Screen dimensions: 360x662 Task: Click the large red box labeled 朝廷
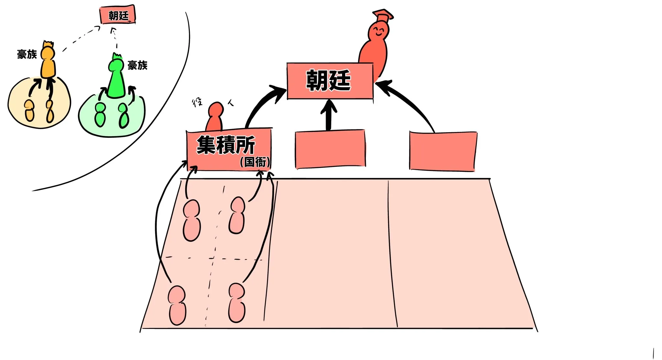pos(330,81)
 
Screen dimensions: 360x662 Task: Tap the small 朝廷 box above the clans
pos(118,15)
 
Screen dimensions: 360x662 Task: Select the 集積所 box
pos(228,149)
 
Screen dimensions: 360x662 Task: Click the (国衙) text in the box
pos(255,162)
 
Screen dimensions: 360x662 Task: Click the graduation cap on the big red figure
pos(383,15)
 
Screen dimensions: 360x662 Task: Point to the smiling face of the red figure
pos(378,32)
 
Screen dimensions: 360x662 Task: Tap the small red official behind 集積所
pos(215,116)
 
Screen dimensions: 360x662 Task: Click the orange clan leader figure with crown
pos(48,61)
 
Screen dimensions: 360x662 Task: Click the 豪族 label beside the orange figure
pos(27,54)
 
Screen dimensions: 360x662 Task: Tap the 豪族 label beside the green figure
pos(137,65)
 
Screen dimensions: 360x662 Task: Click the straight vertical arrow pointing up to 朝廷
pos(329,115)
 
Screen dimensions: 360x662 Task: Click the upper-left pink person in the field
pos(192,220)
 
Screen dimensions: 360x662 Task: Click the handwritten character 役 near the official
pos(198,103)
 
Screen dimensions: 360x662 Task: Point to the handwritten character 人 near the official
pos(231,103)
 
